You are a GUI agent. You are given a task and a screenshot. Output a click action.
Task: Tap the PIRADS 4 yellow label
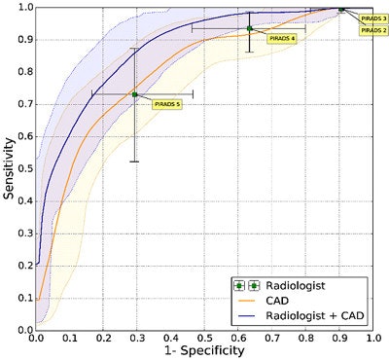click(x=282, y=38)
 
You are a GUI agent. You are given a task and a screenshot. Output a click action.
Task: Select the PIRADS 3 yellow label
click(x=373, y=18)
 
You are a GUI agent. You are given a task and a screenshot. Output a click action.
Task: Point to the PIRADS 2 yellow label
click(x=373, y=30)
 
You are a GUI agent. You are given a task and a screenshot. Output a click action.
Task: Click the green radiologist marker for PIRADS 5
click(x=135, y=94)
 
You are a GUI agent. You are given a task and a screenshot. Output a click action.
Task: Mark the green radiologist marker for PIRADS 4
click(x=250, y=28)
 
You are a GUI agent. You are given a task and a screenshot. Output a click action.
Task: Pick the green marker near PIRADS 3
click(x=341, y=9)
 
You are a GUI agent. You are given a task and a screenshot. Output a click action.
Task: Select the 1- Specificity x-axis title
click(x=202, y=351)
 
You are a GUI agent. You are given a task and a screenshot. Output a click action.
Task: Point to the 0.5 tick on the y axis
click(x=24, y=168)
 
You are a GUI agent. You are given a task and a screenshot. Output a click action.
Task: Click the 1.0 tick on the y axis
click(x=24, y=7)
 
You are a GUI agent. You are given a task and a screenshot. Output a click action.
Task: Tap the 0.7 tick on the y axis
click(x=24, y=104)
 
